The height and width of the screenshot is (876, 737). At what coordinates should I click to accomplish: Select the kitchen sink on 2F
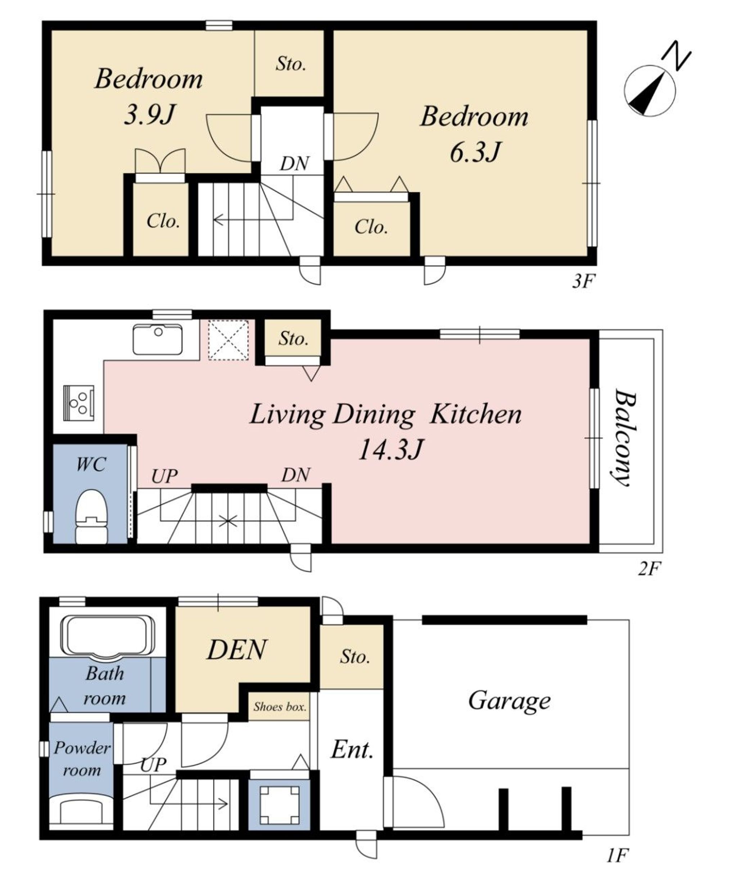click(x=158, y=339)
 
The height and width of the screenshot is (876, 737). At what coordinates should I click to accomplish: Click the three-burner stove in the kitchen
click(x=78, y=403)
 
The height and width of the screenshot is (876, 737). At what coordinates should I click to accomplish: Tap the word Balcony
click(x=625, y=438)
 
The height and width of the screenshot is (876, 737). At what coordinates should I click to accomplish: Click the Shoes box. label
click(x=280, y=707)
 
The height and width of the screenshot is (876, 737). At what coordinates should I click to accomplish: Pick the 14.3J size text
click(x=391, y=450)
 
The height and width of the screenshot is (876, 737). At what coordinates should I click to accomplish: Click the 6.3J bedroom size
click(x=475, y=152)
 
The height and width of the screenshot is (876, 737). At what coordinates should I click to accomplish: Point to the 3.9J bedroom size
click(x=149, y=115)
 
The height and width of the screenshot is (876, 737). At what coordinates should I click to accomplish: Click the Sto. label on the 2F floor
click(x=293, y=339)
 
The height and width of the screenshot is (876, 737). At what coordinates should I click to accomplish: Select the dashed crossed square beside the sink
click(x=228, y=339)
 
